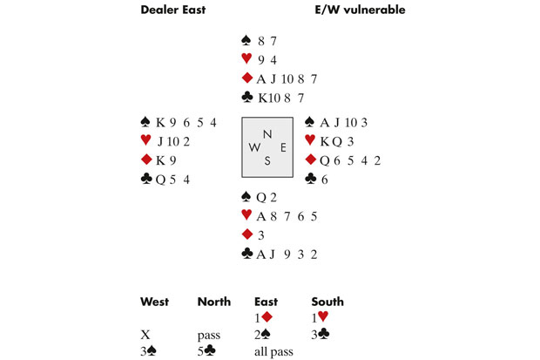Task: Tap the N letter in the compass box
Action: click(267, 133)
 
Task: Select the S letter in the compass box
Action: click(267, 160)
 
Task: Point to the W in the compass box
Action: click(253, 146)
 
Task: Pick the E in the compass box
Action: click(281, 146)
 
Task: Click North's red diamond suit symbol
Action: click(246, 79)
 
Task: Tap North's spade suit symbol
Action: click(246, 41)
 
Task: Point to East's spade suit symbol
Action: click(311, 121)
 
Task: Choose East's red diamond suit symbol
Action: click(311, 160)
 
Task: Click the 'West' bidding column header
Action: click(155, 302)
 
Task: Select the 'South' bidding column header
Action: click(327, 302)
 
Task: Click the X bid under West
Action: click(145, 334)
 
